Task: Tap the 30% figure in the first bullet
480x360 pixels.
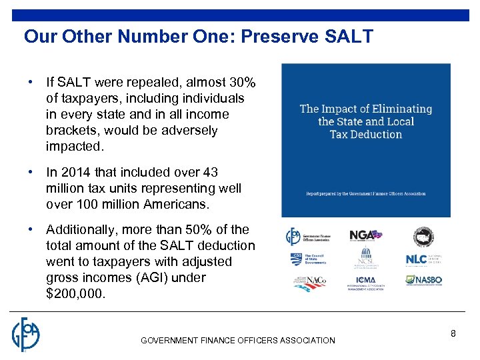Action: tap(241, 83)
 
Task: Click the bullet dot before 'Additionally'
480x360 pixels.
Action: tap(31, 230)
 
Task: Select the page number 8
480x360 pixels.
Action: tap(453, 333)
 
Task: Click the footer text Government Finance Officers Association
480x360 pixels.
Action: tap(238, 341)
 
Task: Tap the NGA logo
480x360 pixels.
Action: tap(365, 235)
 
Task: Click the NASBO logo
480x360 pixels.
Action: tap(424, 281)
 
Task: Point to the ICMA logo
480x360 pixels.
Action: tap(365, 283)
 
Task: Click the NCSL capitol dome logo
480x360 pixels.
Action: tap(365, 259)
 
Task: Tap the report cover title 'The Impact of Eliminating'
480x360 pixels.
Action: tap(366, 109)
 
